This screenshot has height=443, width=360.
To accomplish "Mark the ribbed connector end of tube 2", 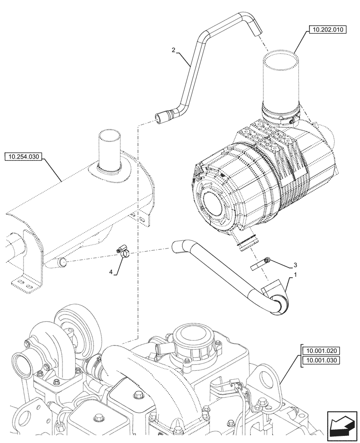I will click(162, 117).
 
